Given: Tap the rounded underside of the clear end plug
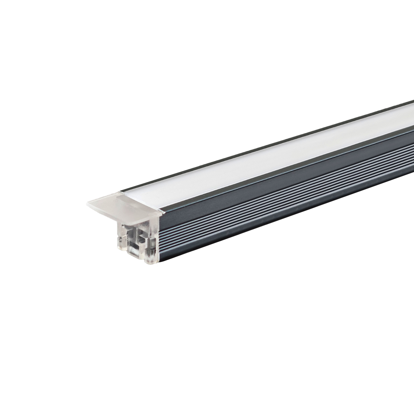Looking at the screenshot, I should [145, 260].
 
